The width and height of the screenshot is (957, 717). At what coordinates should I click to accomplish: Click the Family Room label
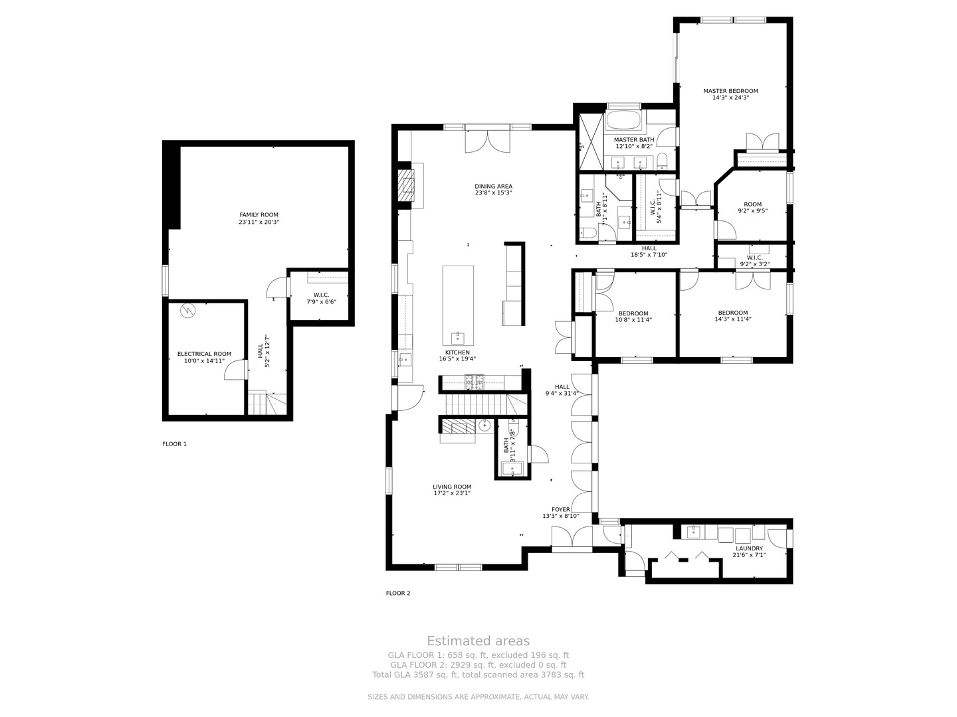point(259,214)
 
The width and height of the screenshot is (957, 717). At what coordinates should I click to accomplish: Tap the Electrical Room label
point(204,354)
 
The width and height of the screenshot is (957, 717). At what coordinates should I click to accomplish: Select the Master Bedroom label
point(730,91)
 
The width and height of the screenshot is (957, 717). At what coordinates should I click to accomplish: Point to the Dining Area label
point(493,187)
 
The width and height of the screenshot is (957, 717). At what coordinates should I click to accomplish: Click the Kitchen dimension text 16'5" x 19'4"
point(457,358)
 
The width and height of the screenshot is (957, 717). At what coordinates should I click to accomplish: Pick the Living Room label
point(452,487)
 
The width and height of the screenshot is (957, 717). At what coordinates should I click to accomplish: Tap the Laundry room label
point(749,548)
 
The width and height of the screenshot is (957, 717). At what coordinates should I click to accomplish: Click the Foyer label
point(560,509)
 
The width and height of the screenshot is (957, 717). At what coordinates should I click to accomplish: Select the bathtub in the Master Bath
point(623,119)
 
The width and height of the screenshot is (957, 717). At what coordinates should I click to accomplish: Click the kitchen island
point(458,305)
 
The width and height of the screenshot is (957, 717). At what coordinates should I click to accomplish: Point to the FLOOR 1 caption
point(174,444)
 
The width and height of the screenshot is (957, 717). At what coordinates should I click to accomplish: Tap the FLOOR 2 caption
point(398,593)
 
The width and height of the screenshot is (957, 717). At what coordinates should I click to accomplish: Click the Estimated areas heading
point(478,641)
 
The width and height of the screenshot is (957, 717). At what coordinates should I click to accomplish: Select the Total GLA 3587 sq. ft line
point(478,675)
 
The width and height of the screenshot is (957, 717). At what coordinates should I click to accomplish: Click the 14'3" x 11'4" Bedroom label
point(732,315)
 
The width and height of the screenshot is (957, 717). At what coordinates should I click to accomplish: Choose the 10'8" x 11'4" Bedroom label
point(633,317)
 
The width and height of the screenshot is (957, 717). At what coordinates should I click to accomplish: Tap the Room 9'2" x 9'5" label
point(752,207)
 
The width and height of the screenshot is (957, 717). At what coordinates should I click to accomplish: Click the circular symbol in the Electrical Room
point(188,311)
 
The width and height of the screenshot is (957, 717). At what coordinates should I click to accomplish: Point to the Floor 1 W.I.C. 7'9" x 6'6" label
point(321,298)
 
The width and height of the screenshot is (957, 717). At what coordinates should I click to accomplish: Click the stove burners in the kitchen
point(475,382)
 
